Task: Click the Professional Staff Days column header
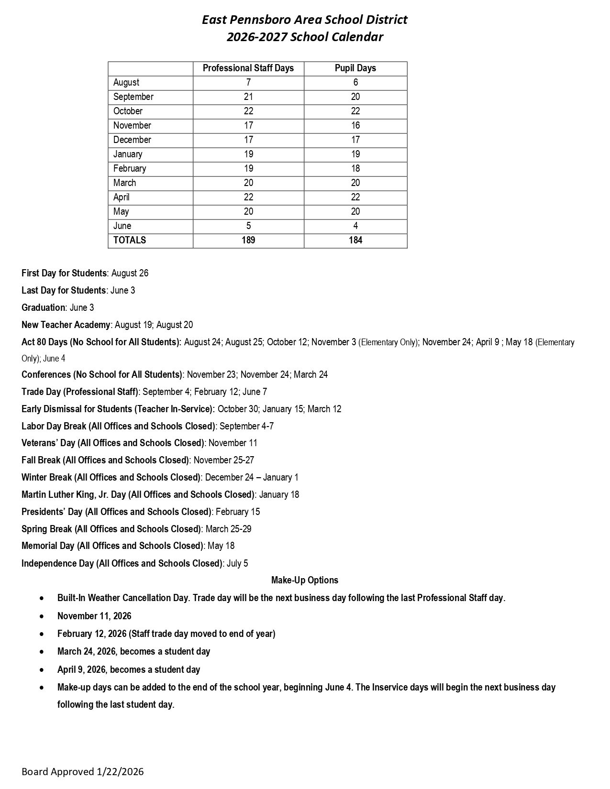click(248, 68)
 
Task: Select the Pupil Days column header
click(355, 68)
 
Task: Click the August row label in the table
click(126, 82)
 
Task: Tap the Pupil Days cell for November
click(355, 125)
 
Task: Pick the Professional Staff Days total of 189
click(248, 240)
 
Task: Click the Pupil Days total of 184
click(355, 240)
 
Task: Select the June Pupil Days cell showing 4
click(355, 226)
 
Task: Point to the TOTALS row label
click(130, 240)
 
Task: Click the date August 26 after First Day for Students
click(130, 273)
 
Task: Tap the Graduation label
click(43, 307)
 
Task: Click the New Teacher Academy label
click(66, 325)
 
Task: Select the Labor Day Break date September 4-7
click(246, 426)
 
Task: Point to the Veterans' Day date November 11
click(233, 443)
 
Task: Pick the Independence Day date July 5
click(237, 563)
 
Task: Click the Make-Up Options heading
click(305, 580)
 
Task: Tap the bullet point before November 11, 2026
click(43, 616)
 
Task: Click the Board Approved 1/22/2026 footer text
click(82, 771)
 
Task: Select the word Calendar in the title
click(359, 37)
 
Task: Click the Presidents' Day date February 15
click(238, 512)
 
